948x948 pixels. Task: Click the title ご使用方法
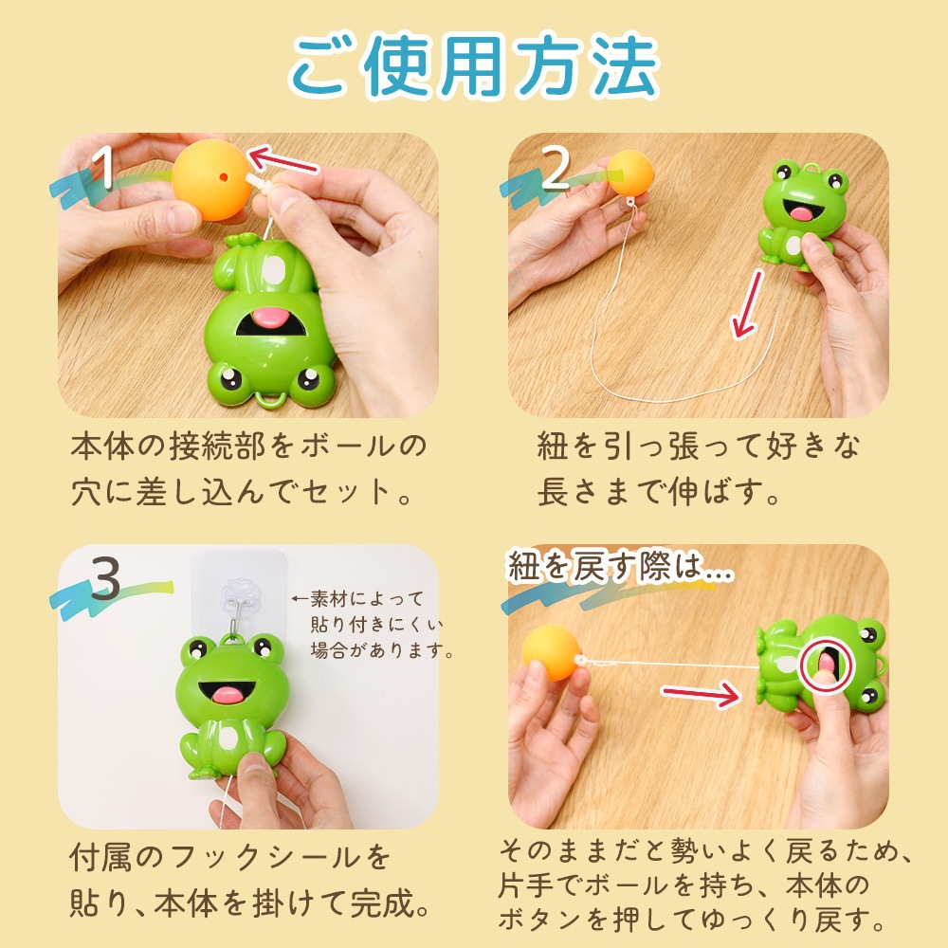474,65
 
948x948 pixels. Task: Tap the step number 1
104,168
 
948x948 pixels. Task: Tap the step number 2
556,168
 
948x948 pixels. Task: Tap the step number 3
105,578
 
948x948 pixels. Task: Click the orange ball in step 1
211,179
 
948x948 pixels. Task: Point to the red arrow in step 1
283,160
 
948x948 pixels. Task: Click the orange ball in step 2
630,173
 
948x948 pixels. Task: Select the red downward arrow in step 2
747,304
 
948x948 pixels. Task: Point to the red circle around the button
826,665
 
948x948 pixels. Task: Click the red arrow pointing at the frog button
701,694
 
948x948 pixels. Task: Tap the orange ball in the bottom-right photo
550,653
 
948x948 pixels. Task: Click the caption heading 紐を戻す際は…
621,567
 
